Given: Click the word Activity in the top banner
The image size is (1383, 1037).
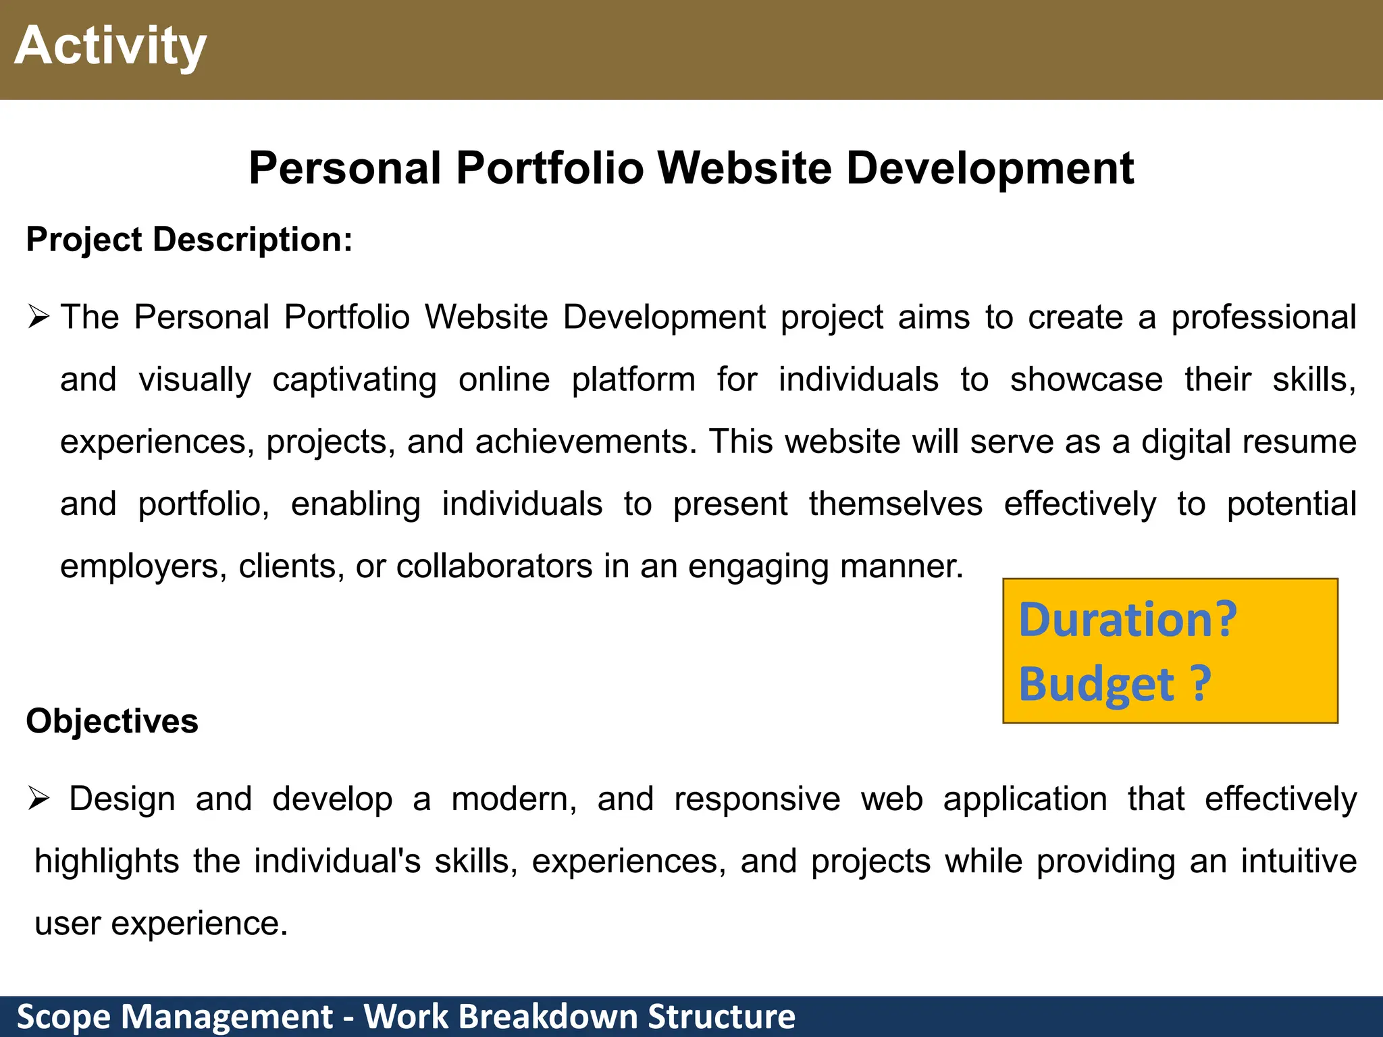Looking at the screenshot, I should click(x=110, y=46).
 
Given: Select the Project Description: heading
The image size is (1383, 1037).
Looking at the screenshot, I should click(x=189, y=240).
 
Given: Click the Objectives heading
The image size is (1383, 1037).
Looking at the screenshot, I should click(x=112, y=721).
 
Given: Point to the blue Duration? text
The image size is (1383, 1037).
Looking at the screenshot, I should click(x=1127, y=620).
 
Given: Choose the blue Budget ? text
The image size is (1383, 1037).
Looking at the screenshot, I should click(x=1114, y=684).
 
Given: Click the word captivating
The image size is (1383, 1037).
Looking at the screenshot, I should click(x=355, y=380).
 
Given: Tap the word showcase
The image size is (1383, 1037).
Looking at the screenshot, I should click(x=1086, y=379).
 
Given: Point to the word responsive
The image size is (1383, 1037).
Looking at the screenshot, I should click(x=757, y=799).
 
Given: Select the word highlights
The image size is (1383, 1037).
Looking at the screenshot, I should click(x=107, y=861).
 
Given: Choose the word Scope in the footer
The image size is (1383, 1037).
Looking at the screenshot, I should click(x=63, y=1017).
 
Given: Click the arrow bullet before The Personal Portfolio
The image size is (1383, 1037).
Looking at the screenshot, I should click(x=39, y=317).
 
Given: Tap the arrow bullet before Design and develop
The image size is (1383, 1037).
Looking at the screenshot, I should click(x=39, y=799).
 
